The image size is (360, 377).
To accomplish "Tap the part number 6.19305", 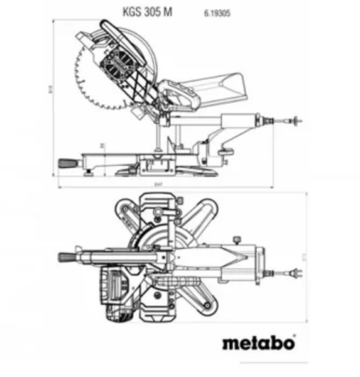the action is [x=216, y=12].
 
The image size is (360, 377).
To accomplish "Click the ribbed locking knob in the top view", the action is [x=67, y=256].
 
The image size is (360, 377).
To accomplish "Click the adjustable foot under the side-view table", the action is [x=89, y=169].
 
